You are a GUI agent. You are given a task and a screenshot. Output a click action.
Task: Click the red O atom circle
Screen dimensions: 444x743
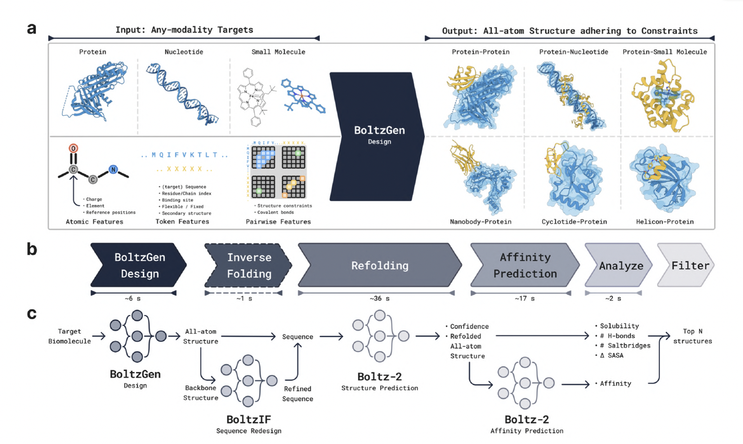(74, 149)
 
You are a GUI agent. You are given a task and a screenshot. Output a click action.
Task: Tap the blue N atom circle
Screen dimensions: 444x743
(114, 170)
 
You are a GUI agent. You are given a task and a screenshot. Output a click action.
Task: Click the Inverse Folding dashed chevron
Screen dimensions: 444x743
(248, 265)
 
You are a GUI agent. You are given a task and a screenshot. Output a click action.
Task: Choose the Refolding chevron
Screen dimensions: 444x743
(380, 266)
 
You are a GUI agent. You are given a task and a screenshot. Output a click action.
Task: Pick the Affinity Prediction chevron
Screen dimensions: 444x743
(525, 265)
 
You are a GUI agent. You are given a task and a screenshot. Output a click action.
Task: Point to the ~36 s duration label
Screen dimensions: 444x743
(380, 299)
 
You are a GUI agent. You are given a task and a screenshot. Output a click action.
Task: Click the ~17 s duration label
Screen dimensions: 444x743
(524, 299)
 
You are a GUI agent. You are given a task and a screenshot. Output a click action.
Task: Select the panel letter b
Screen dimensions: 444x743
(32, 250)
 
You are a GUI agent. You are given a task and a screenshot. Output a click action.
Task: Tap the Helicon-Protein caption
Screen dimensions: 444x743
(665, 221)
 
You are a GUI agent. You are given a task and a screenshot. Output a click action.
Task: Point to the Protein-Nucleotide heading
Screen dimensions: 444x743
(574, 52)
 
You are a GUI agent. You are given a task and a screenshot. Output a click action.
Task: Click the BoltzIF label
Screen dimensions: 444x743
(248, 419)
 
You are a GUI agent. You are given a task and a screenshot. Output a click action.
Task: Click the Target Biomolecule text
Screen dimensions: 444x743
(70, 336)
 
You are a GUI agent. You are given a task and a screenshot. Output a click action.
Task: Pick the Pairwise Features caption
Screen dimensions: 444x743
(278, 221)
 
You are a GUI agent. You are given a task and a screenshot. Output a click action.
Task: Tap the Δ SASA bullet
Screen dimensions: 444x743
(609, 355)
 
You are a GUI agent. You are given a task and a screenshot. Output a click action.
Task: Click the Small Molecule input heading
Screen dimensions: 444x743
(278, 52)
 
